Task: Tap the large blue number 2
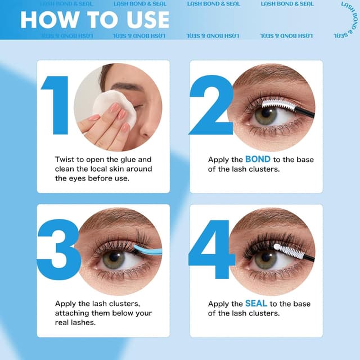click(x=211, y=105)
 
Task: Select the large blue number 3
click(x=58, y=250)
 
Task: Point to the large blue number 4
click(x=211, y=249)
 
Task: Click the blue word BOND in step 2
click(x=258, y=159)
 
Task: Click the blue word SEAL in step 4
click(x=256, y=304)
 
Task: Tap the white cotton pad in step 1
click(x=114, y=108)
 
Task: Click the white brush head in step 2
click(x=278, y=105)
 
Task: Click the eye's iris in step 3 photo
click(x=114, y=259)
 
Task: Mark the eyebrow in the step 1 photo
click(x=125, y=87)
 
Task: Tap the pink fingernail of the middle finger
click(x=121, y=114)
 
